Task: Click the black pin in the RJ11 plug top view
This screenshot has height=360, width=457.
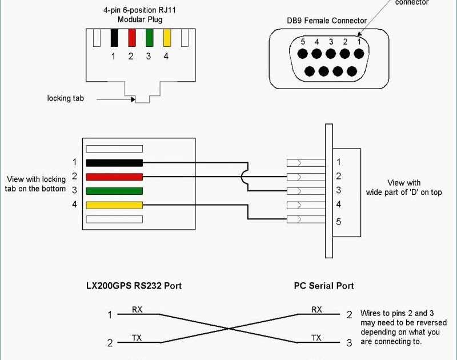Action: pyautogui.click(x=114, y=38)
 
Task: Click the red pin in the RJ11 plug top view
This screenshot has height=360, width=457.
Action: pyautogui.click(x=132, y=38)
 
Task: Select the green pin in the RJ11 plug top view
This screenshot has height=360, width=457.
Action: pyautogui.click(x=149, y=38)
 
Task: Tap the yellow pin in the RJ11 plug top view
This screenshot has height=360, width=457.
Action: pyautogui.click(x=167, y=38)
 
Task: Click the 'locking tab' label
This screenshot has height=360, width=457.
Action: pyautogui.click(x=65, y=98)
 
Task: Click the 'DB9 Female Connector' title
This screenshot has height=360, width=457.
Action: pyautogui.click(x=327, y=21)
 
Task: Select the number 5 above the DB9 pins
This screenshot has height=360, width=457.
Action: pyautogui.click(x=303, y=42)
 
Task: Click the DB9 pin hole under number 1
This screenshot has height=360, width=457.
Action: pyautogui.click(x=358, y=54)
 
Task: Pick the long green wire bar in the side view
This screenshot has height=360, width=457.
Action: pyautogui.click(x=114, y=191)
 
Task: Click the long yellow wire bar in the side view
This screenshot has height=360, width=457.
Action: pyautogui.click(x=114, y=205)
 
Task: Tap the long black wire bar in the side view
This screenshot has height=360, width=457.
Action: pyautogui.click(x=114, y=162)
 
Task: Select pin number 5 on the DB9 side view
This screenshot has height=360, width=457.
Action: pyautogui.click(x=339, y=221)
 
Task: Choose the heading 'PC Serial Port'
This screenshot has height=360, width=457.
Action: pyautogui.click(x=324, y=286)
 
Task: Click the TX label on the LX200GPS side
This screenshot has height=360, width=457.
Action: pyautogui.click(x=137, y=338)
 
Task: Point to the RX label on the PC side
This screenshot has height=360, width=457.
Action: pyautogui.click(x=316, y=310)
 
